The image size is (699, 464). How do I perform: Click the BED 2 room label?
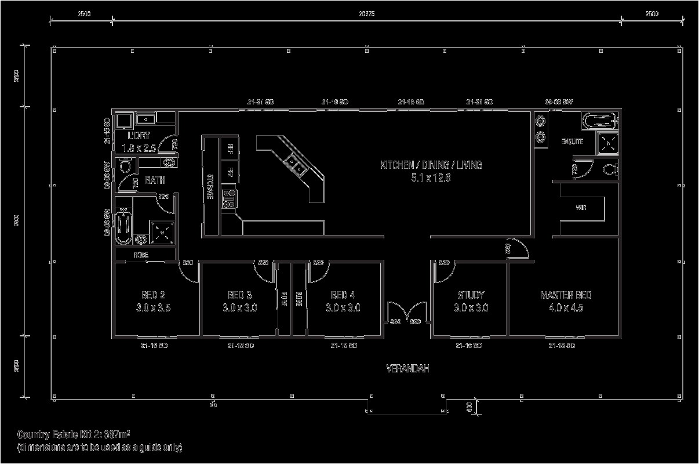[x=153, y=295]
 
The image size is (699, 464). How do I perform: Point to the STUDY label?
[x=471, y=295]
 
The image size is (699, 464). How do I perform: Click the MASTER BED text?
[x=565, y=295]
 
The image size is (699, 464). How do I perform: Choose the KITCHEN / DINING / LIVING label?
[x=431, y=165]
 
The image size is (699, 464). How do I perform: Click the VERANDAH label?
[x=407, y=368]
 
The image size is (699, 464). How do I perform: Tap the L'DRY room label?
[x=139, y=135]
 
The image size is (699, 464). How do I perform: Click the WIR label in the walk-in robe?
[x=580, y=208]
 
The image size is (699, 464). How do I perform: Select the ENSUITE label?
[x=572, y=142]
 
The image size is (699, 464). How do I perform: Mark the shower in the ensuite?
[x=608, y=142]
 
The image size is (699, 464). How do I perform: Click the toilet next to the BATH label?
[x=125, y=168]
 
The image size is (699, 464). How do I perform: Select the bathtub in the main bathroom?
[x=123, y=227]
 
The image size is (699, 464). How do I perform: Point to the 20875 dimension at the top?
[x=366, y=14]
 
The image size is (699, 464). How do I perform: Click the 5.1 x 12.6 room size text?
[x=431, y=178]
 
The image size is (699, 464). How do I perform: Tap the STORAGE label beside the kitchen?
[x=211, y=187]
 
